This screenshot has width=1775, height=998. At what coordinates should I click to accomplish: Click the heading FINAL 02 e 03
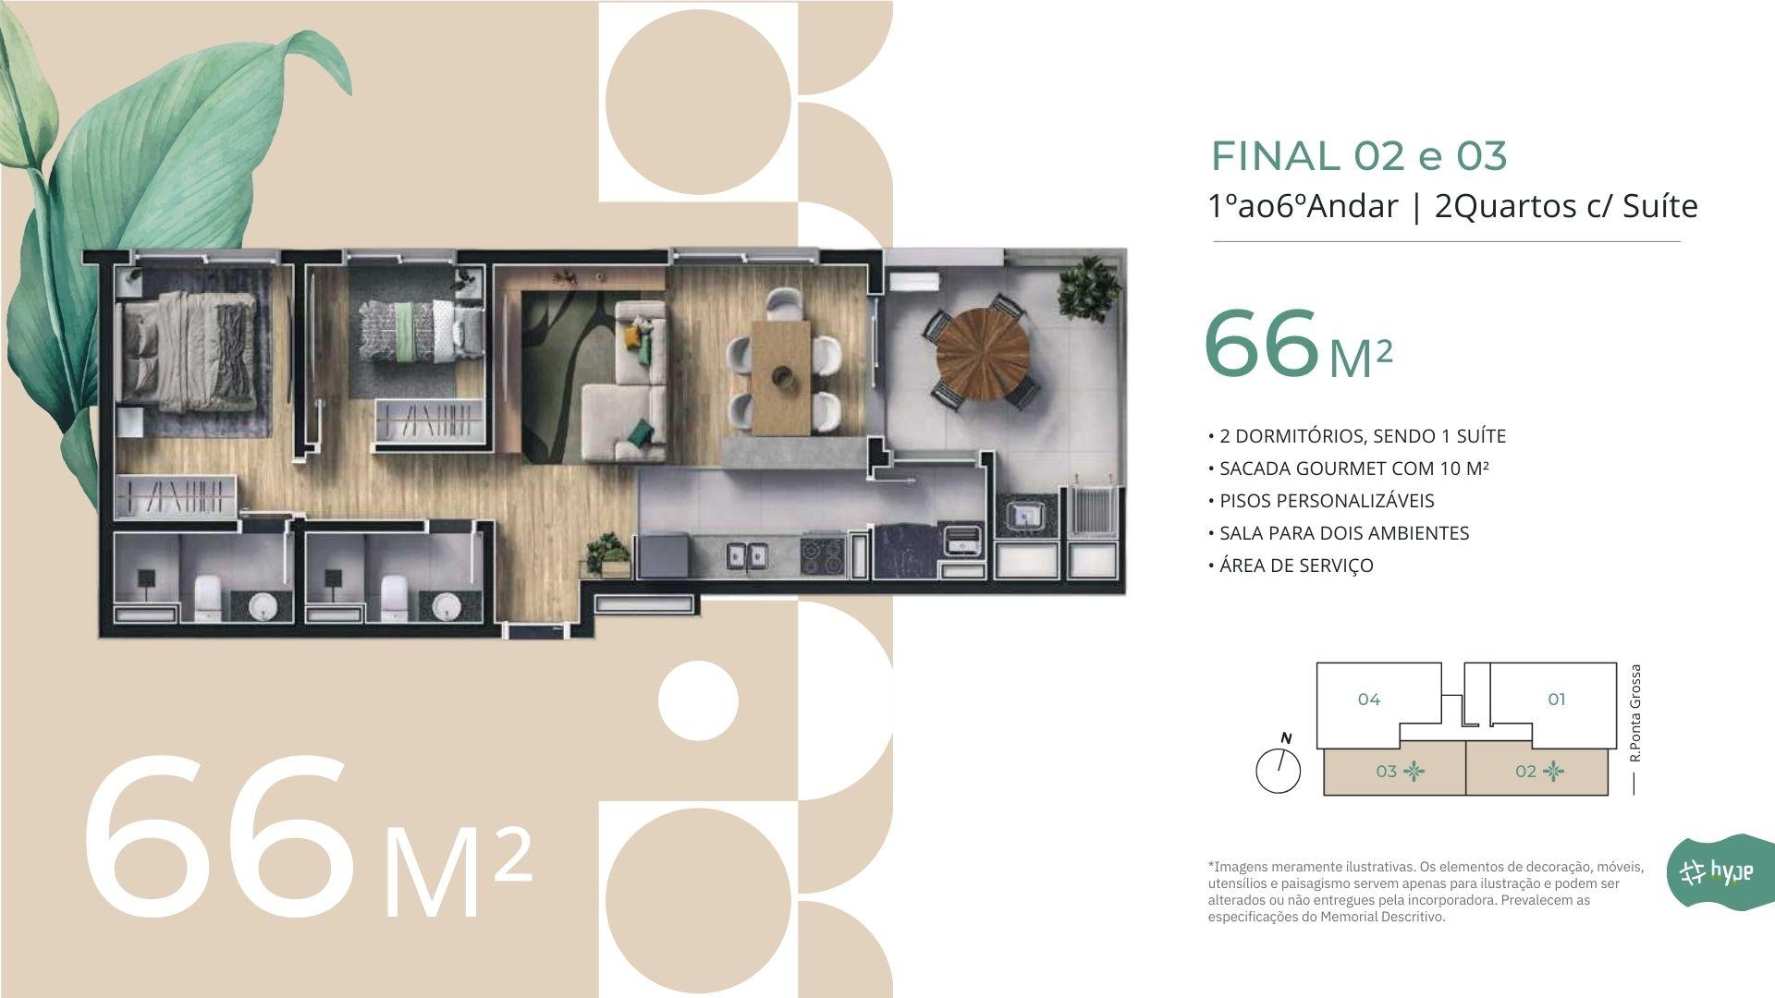pos(1359,156)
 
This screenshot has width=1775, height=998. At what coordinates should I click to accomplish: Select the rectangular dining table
pos(780,377)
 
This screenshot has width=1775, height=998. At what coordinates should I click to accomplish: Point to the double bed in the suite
pos(190,351)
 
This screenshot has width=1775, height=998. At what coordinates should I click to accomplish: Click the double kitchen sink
pos(746,554)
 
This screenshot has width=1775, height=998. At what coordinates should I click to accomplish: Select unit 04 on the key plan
pos(1369,700)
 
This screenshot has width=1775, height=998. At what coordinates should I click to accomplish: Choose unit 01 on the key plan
pos(1557,700)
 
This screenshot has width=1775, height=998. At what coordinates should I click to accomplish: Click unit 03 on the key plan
pos(1395,772)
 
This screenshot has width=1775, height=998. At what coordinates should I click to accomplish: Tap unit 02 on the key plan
pos(1537,772)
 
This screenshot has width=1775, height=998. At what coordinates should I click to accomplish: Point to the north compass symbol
pos(1279,765)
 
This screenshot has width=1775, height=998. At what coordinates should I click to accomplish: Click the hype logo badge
pos(1719,871)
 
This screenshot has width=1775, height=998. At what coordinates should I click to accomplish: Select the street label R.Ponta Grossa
pos(1635,712)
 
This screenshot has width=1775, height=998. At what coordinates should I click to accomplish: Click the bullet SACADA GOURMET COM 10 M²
pos(1348,469)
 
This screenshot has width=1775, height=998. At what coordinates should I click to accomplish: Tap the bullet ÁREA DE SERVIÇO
pos(1291,566)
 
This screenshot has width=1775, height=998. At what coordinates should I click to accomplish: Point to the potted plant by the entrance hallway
pos(606,553)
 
